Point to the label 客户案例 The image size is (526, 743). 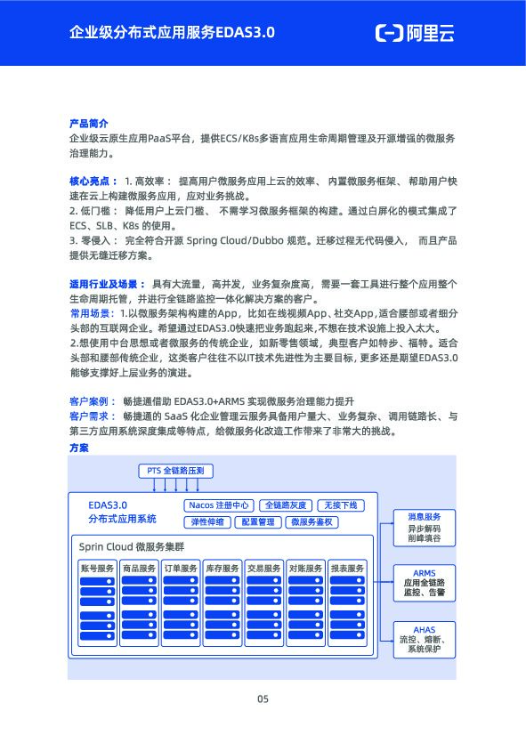[88, 400]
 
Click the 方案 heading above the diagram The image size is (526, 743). [78, 447]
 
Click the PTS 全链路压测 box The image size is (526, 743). [175, 469]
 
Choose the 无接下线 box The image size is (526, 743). [341, 505]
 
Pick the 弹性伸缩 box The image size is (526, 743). [207, 522]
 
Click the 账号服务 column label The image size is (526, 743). [97, 568]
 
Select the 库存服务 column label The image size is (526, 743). [223, 568]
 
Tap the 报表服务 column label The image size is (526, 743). [347, 568]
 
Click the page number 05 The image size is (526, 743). [263, 699]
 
